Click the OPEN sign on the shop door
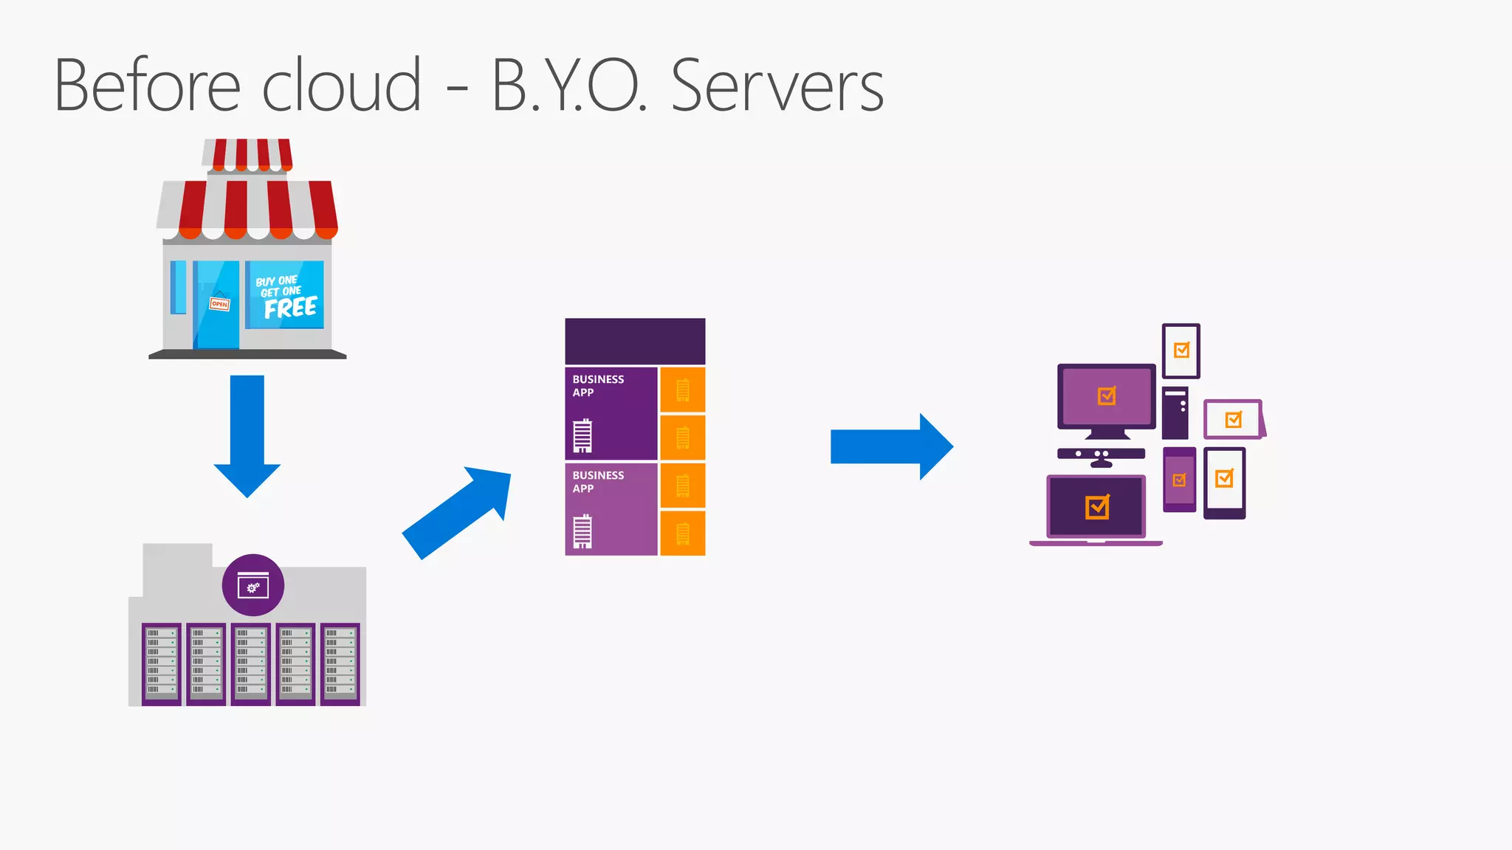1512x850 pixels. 219,304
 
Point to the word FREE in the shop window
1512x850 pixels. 290,308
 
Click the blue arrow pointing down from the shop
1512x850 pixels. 247,435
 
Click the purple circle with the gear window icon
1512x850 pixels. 253,585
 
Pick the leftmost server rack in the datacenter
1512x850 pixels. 162,663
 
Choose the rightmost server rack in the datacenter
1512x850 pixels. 340,663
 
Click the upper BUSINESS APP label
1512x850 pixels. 598,386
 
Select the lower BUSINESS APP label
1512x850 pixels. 598,482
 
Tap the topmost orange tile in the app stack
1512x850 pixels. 683,390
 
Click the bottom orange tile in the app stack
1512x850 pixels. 683,533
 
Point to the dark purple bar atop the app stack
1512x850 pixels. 635,341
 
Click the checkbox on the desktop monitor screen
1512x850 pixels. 1107,396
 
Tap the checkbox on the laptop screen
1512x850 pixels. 1097,507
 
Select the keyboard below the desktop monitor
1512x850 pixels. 1101,454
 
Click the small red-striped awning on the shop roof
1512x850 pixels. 248,154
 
